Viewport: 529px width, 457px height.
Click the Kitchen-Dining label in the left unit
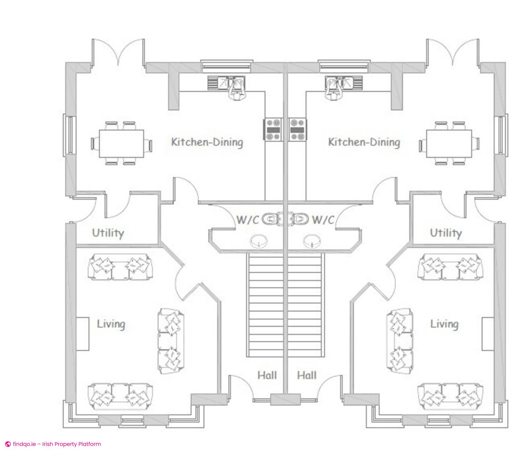[207, 142]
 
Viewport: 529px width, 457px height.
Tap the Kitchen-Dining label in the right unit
[364, 142]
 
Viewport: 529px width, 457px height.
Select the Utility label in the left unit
[108, 233]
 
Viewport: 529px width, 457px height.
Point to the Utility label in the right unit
[446, 233]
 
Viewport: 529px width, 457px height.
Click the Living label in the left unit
[111, 324]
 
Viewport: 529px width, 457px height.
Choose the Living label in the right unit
[444, 324]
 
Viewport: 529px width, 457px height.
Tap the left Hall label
[267, 375]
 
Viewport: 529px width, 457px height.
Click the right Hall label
[307, 375]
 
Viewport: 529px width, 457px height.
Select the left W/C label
[248, 220]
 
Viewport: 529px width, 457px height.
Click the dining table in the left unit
[122, 144]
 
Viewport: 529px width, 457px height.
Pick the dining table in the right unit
[449, 144]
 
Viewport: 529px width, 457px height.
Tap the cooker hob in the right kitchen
[298, 130]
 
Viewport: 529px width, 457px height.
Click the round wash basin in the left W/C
[259, 241]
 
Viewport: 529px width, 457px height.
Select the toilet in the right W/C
[301, 219]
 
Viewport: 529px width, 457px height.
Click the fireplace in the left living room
[82, 334]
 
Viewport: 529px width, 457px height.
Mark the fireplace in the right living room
[488, 334]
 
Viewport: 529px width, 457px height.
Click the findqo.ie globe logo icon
[8, 444]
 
